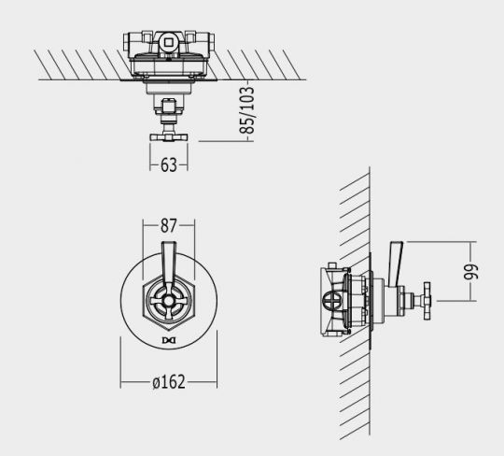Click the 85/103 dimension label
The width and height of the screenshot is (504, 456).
pyautogui.click(x=247, y=109)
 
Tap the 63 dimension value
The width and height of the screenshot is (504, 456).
pyautogui.click(x=169, y=164)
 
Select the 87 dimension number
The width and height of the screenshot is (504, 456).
pyautogui.click(x=169, y=225)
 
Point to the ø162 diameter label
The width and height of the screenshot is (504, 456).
pyautogui.click(x=169, y=382)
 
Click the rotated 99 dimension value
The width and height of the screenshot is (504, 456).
pyautogui.click(x=471, y=271)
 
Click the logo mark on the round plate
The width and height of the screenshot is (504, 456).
pyautogui.click(x=169, y=340)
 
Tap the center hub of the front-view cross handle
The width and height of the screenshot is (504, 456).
pyautogui.click(x=168, y=301)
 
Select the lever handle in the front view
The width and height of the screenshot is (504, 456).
pyautogui.click(x=168, y=264)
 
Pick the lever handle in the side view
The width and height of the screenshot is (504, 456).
pyautogui.click(x=395, y=264)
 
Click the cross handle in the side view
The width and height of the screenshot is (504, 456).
pyautogui.click(x=427, y=301)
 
